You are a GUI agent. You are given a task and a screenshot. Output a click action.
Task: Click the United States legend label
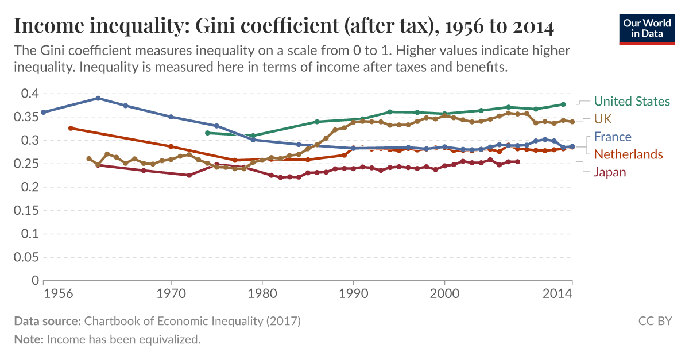coord(632,102)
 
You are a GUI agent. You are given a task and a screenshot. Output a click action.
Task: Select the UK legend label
coord(603,119)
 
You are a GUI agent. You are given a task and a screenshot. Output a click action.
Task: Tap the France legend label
coord(613,137)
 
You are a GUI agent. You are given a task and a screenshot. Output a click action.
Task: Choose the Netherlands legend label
coord(628,154)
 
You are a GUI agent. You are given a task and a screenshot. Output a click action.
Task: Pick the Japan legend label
coord(610,172)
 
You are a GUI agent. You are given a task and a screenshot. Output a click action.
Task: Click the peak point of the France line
coord(98,98)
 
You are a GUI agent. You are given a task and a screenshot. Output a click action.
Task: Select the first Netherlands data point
coord(71,128)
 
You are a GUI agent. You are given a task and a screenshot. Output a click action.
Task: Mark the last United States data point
coord(563,104)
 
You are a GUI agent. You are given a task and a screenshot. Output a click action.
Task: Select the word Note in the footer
coord(28,339)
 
